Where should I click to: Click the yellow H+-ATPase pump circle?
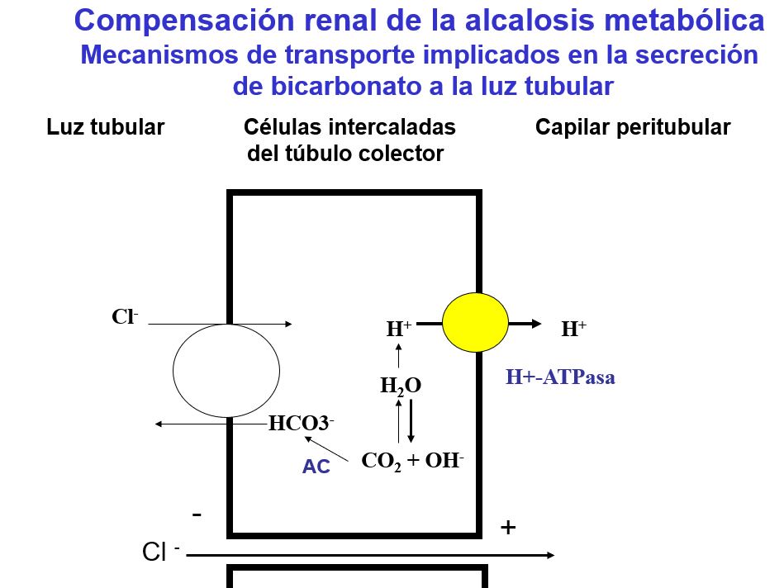pyautogui.click(x=475, y=323)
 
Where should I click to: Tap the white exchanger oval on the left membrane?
pyautogui.click(x=226, y=370)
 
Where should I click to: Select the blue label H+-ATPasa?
pyautogui.click(x=560, y=378)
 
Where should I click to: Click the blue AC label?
pyautogui.click(x=316, y=467)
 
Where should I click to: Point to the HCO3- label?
pyautogui.click(x=301, y=424)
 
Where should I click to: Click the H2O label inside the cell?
pyautogui.click(x=400, y=386)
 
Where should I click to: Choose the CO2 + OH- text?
pyautogui.click(x=413, y=461)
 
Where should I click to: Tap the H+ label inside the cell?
pyautogui.click(x=399, y=329)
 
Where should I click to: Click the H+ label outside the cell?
pyautogui.click(x=573, y=330)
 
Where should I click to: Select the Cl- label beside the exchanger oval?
pyautogui.click(x=125, y=317)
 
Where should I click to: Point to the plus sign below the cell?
pyautogui.click(x=508, y=527)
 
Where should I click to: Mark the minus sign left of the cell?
pyautogui.click(x=197, y=514)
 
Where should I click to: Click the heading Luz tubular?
pyautogui.click(x=105, y=127)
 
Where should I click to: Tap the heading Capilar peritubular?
pyautogui.click(x=633, y=127)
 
